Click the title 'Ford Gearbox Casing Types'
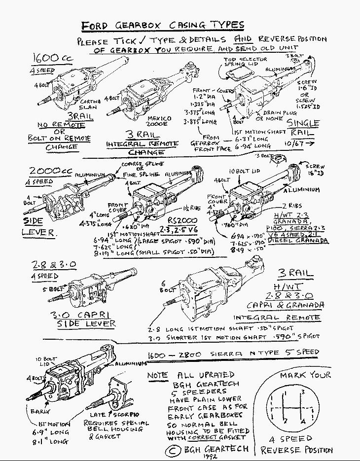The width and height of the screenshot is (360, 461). [162, 25]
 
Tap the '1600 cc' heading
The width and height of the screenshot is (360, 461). [53, 58]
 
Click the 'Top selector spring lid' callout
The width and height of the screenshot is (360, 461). [245, 62]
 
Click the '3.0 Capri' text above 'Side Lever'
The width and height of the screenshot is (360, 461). [85, 314]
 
